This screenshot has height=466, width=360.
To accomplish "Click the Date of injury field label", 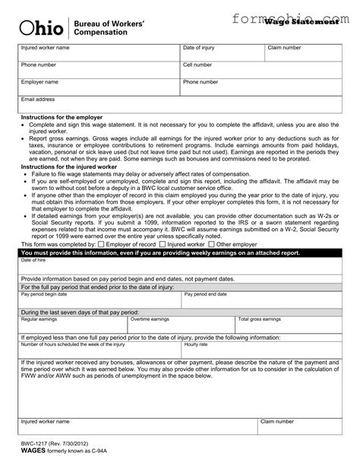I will [201, 48].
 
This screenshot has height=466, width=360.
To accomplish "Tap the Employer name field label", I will [39, 81].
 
